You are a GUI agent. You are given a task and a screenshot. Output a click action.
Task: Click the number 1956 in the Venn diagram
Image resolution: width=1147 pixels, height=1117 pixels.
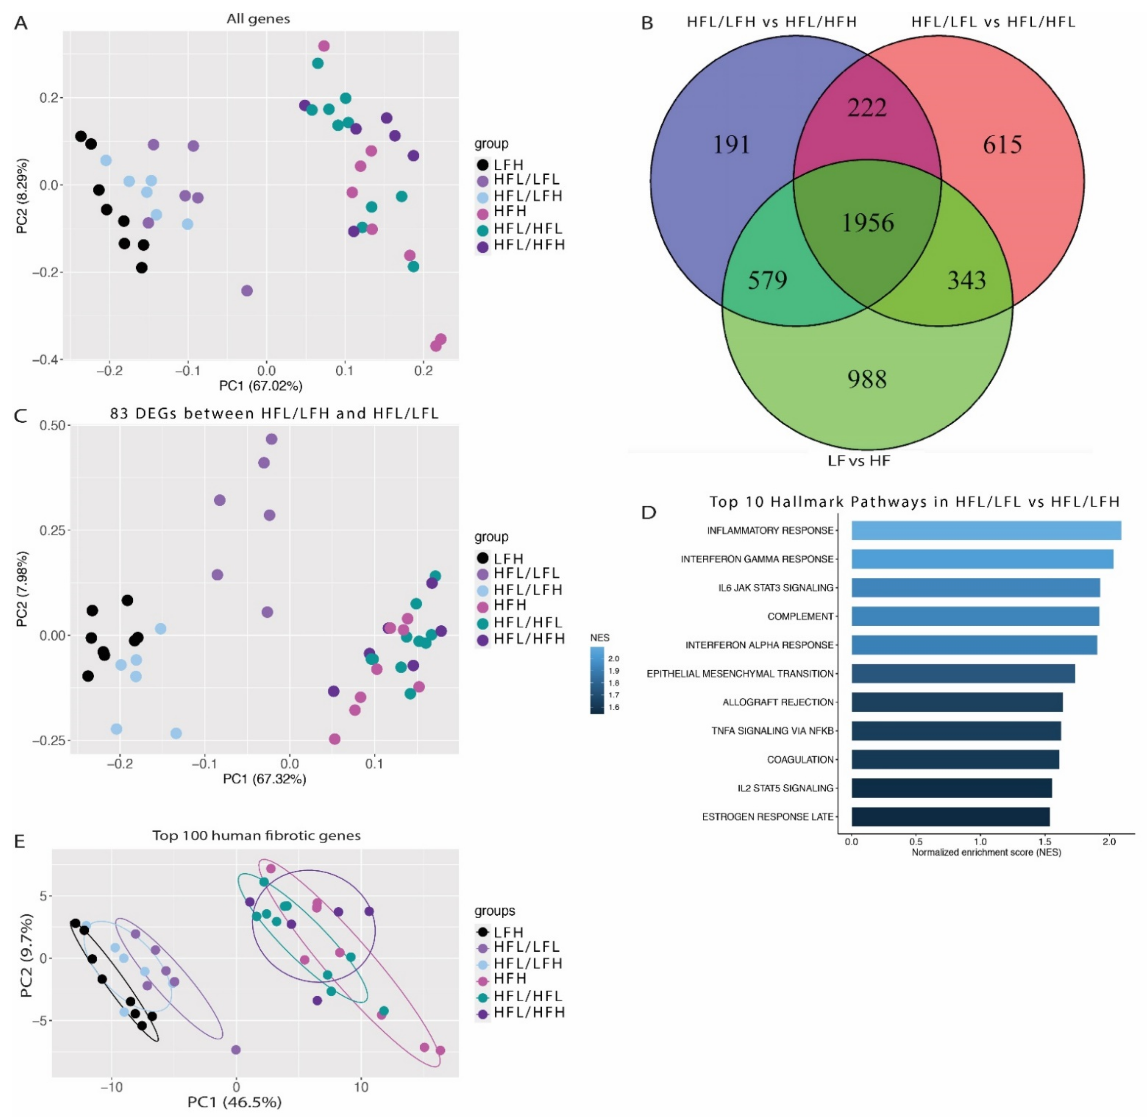(868, 223)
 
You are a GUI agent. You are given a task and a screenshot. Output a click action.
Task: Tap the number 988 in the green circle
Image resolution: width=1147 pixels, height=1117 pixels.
(867, 379)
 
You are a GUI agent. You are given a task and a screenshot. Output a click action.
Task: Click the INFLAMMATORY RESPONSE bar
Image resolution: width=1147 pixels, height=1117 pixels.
(986, 530)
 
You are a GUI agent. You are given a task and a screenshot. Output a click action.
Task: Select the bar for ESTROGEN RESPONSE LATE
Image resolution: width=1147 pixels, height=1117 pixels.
(950, 817)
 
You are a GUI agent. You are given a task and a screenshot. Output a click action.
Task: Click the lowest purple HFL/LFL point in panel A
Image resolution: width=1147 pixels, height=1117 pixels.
(247, 290)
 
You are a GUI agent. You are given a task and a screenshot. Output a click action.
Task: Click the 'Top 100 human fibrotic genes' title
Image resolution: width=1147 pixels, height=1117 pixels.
(256, 835)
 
